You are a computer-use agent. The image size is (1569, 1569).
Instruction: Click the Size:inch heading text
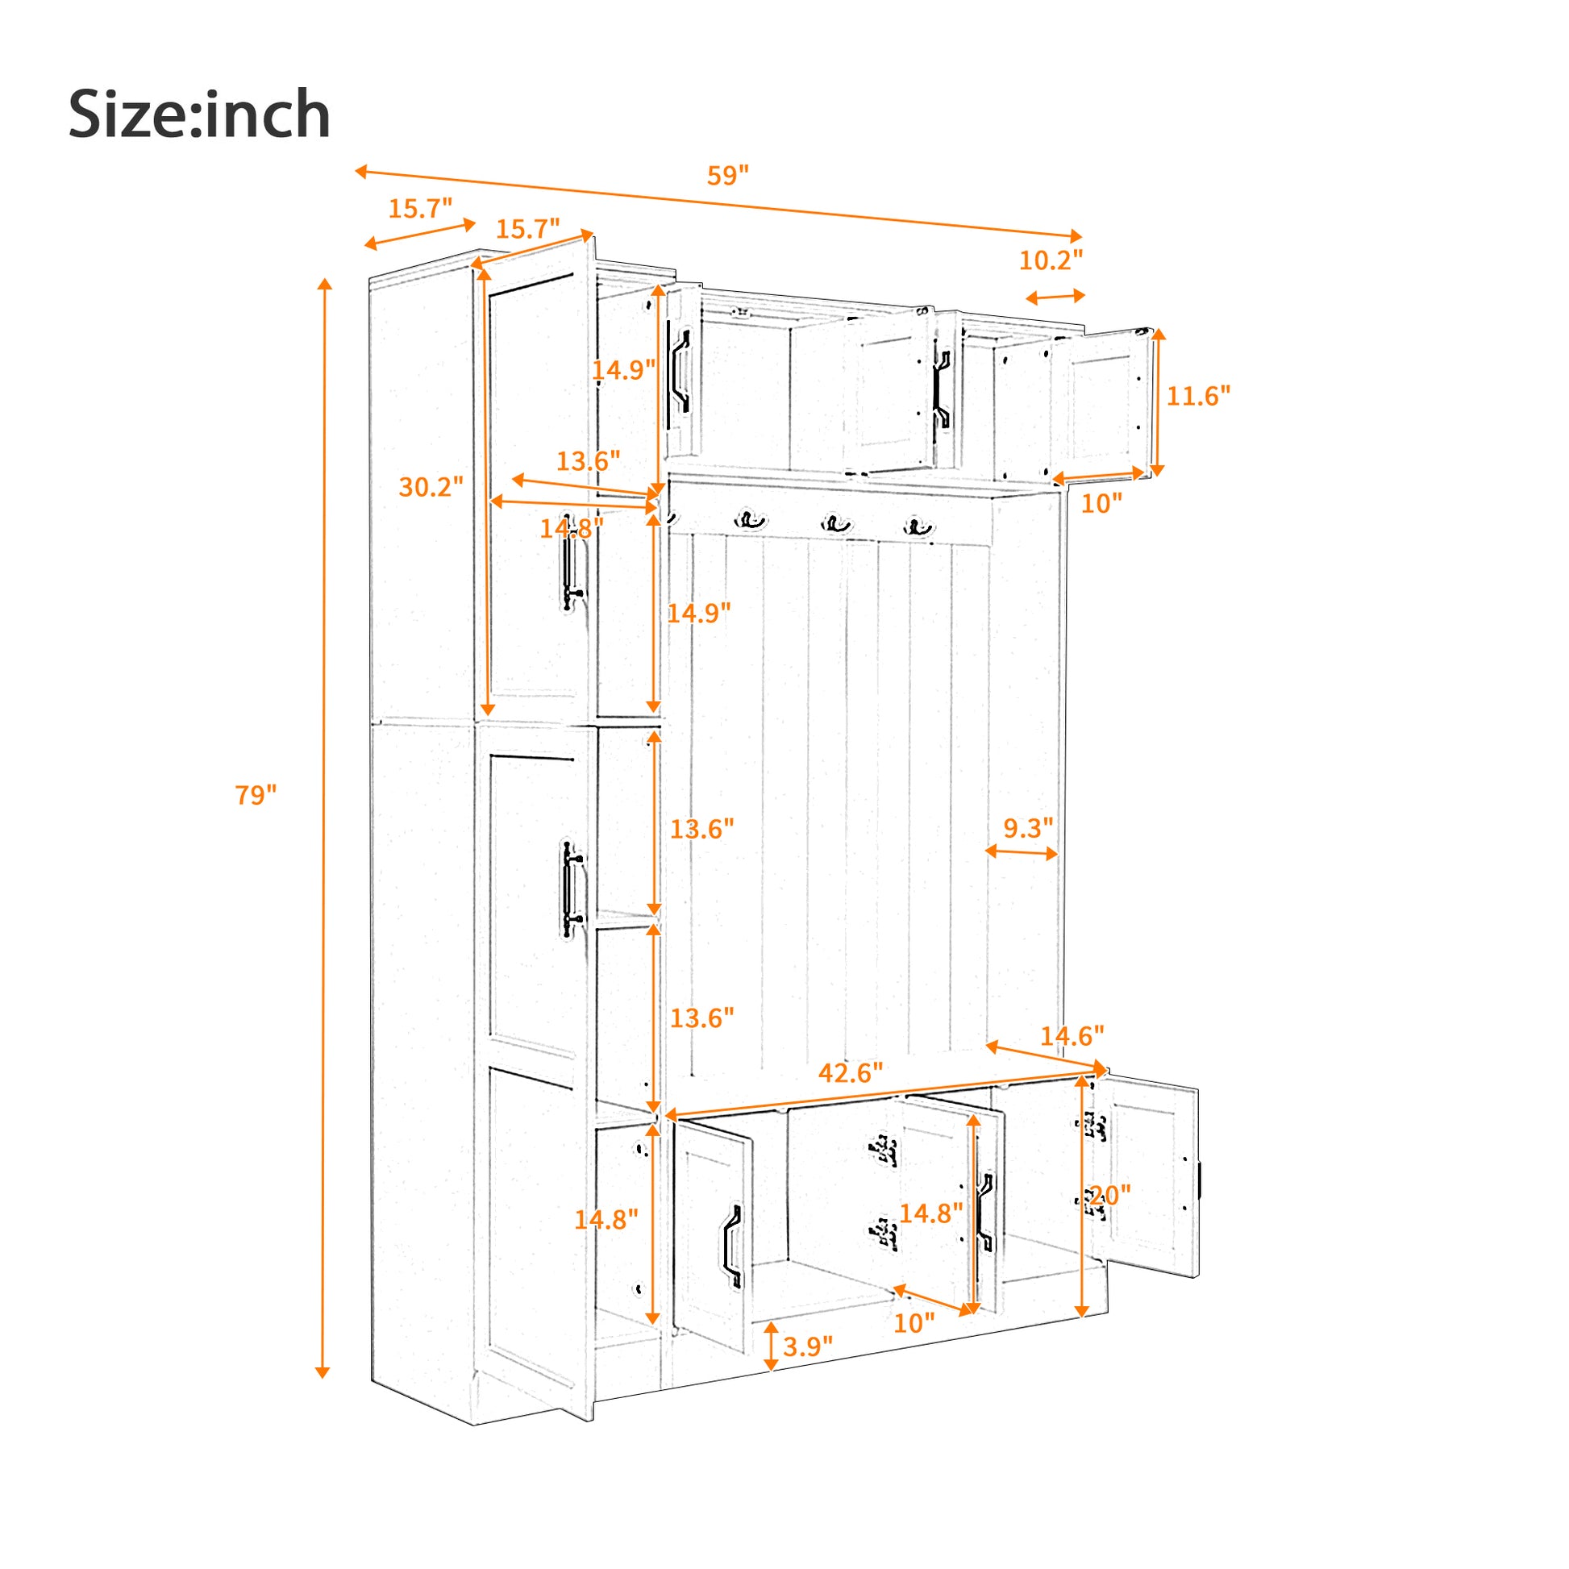click(x=199, y=114)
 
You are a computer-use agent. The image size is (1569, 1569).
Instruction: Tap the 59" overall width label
click(x=726, y=176)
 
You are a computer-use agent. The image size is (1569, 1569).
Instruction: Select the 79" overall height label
click(x=256, y=795)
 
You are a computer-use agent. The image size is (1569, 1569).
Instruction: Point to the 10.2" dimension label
click(x=1050, y=260)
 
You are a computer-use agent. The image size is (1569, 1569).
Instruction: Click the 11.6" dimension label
click(x=1198, y=396)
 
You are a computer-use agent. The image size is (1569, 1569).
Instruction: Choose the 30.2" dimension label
click(x=431, y=487)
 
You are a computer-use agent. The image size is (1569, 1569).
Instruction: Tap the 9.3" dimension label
click(x=1027, y=827)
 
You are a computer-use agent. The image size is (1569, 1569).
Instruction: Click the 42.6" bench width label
click(x=850, y=1073)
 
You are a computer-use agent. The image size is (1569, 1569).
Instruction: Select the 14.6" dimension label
click(x=1072, y=1036)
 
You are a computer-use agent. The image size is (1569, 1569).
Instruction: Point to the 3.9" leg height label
click(x=807, y=1346)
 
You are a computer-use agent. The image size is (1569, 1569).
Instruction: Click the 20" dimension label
click(x=1109, y=1196)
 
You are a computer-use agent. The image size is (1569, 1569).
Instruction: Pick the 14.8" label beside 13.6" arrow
click(x=572, y=529)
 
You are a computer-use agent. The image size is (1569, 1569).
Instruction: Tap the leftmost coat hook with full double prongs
click(x=751, y=520)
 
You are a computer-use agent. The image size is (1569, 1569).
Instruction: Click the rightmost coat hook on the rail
click(x=918, y=526)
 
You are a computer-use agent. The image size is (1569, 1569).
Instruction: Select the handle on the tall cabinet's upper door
click(x=571, y=573)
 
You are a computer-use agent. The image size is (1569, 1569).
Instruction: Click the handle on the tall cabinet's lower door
click(x=571, y=889)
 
